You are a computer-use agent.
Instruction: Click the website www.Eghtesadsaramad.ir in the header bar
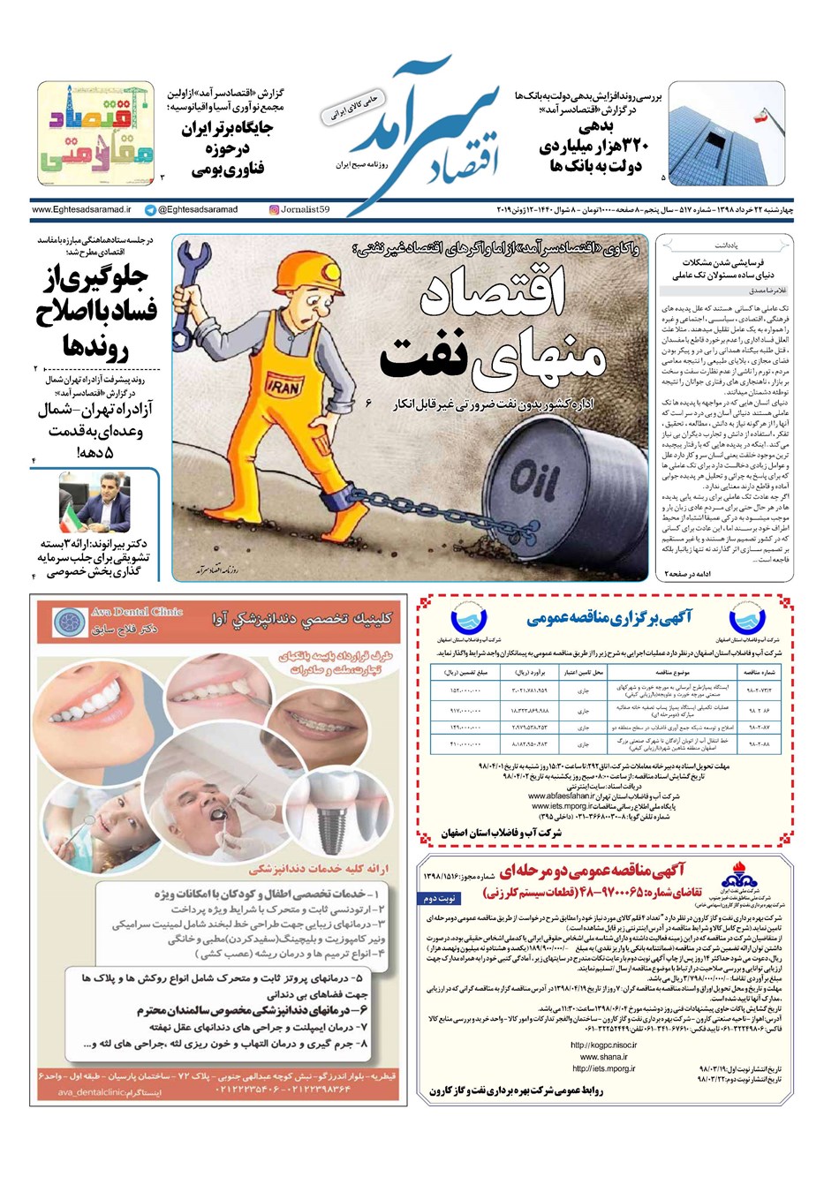point(81,210)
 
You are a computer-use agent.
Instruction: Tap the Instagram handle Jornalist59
point(300,210)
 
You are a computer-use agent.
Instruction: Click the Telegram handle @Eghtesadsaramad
point(192,210)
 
